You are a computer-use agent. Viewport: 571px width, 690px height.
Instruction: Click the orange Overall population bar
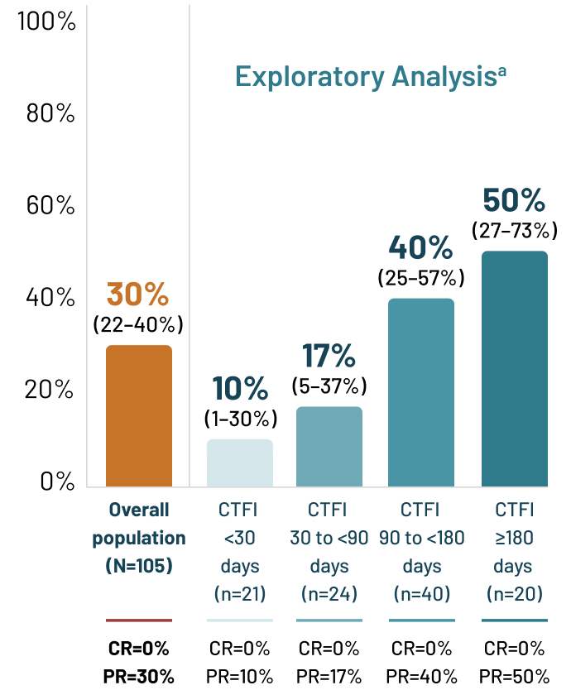click(x=139, y=415)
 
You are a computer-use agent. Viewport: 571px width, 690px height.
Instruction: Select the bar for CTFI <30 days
click(x=239, y=462)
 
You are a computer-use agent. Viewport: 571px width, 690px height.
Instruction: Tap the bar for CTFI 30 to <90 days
click(x=329, y=446)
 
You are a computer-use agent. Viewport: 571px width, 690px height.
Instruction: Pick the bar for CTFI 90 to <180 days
click(x=421, y=392)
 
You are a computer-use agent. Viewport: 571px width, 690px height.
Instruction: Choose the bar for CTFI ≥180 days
click(x=514, y=368)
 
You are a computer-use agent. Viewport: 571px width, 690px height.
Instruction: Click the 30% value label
click(x=138, y=295)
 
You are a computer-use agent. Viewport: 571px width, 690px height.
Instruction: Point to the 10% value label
click(x=240, y=390)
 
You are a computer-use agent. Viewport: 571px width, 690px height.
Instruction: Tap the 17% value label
click(x=329, y=357)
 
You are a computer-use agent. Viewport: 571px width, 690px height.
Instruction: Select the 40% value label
click(x=420, y=247)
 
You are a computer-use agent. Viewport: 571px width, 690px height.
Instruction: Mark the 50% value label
click(x=514, y=200)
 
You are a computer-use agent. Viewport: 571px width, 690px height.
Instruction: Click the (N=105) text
click(x=139, y=567)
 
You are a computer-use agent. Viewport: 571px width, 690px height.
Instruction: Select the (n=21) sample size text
click(x=240, y=593)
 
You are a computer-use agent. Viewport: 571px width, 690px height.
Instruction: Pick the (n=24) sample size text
click(x=329, y=593)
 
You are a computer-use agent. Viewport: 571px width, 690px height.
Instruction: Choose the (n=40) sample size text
click(x=421, y=593)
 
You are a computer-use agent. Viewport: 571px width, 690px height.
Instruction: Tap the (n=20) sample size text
click(x=514, y=593)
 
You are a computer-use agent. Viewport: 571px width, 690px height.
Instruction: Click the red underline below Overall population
click(x=139, y=620)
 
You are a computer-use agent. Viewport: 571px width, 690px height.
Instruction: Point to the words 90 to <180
click(x=422, y=538)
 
